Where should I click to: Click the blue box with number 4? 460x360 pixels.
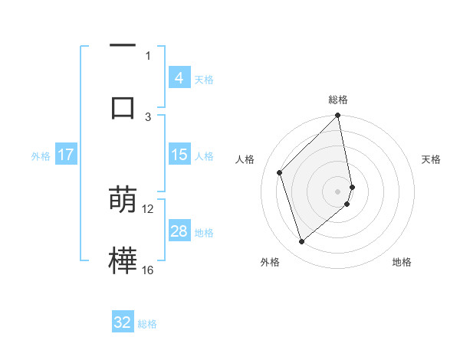coord(179,77)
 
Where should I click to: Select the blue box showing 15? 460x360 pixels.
coord(179,155)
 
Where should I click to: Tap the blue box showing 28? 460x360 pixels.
coord(179,231)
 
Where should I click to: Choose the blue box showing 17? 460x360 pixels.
coord(66,155)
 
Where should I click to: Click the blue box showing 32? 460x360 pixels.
coord(123,322)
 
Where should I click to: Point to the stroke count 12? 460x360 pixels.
coord(148,208)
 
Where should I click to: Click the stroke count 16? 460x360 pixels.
coord(148,270)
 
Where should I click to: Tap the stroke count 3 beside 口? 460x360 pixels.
coord(148,116)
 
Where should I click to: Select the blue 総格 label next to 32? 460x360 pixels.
coord(147,324)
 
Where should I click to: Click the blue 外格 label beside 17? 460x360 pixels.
coord(41,156)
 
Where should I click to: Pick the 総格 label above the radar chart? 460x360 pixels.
coord(338,100)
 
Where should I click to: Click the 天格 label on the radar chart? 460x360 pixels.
coord(432,159)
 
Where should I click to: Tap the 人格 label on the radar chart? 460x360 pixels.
coord(245,159)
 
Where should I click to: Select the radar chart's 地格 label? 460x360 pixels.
coord(402,262)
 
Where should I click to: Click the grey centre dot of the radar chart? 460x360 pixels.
coord(338,191)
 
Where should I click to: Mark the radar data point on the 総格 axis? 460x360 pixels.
coord(338,116)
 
